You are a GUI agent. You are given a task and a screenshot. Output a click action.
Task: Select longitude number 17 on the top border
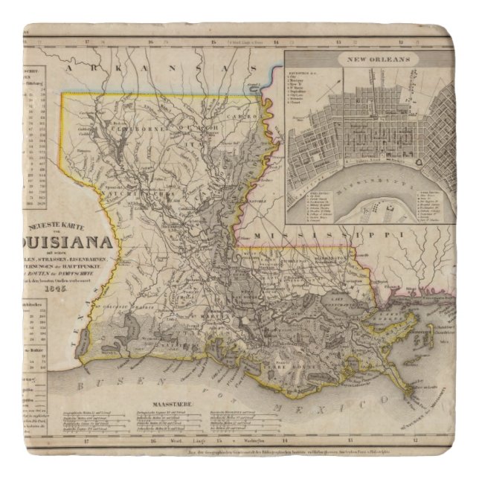[x=88, y=42]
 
